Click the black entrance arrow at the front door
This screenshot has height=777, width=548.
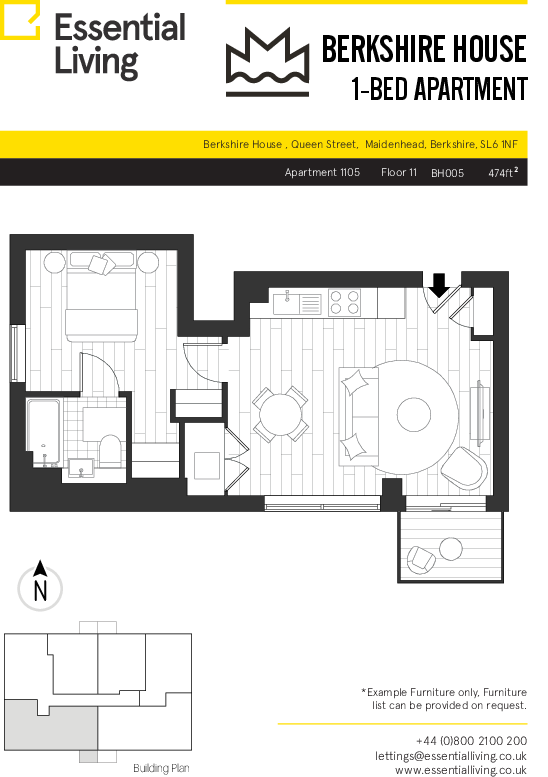(439, 285)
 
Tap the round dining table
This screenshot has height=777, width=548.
(280, 414)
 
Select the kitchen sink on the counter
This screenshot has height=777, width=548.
(287, 302)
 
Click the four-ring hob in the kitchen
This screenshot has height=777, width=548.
(344, 302)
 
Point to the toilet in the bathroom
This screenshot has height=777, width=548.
(110, 450)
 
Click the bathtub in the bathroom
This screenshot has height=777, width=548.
(44, 433)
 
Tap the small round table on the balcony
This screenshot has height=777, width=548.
(450, 549)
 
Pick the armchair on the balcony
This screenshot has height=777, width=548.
(421, 558)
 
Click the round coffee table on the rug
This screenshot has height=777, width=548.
(414, 415)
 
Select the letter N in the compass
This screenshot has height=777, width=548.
(40, 591)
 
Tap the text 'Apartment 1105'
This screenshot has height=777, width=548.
(322, 172)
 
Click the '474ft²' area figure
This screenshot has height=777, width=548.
(503, 172)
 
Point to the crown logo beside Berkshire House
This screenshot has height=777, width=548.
(268, 62)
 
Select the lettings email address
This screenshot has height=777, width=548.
(450, 756)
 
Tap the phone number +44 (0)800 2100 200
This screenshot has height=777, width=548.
(471, 741)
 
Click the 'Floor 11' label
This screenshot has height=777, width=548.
(399, 172)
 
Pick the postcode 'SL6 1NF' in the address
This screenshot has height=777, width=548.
(499, 144)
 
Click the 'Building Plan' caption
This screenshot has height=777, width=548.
(161, 768)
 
